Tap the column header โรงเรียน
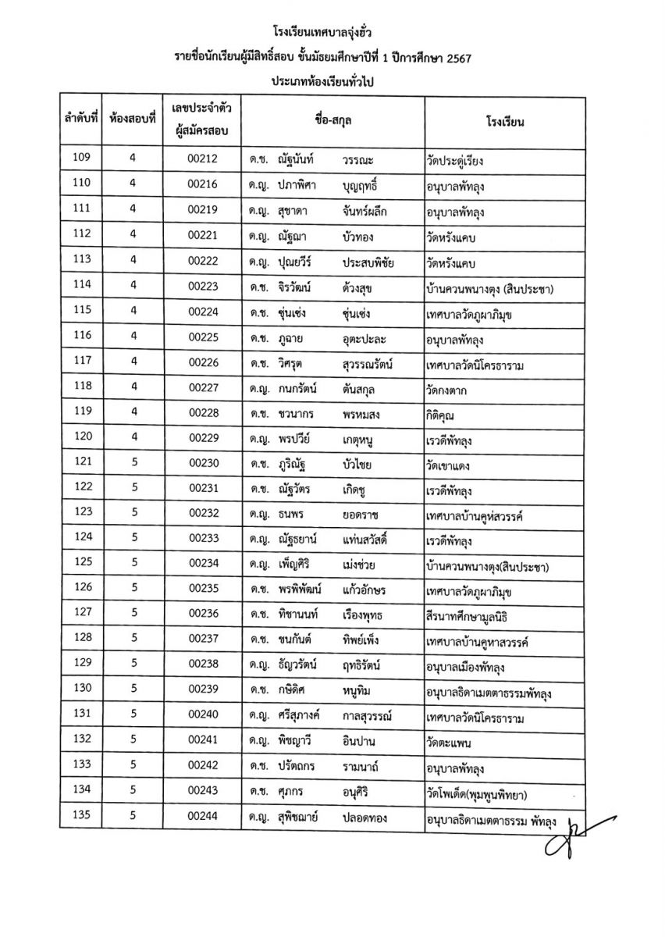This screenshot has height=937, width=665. (x=504, y=122)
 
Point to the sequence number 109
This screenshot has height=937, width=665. (x=80, y=159)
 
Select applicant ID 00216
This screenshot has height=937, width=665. (x=202, y=183)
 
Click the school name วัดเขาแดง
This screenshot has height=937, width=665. (x=453, y=466)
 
